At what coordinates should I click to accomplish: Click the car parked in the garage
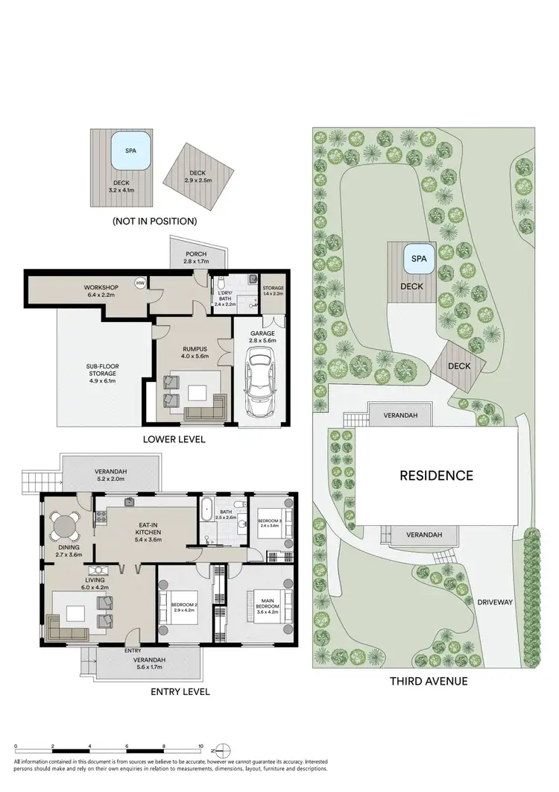pyautogui.click(x=257, y=386)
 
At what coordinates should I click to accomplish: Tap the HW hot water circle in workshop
pyautogui.click(x=139, y=283)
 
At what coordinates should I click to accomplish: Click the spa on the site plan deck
pyautogui.click(x=419, y=262)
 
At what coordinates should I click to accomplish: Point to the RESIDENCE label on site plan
pyautogui.click(x=436, y=475)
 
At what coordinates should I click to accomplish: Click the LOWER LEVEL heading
pyautogui.click(x=174, y=439)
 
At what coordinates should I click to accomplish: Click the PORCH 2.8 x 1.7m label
pyautogui.click(x=196, y=258)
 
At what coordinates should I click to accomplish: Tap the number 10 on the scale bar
pyautogui.click(x=200, y=746)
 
